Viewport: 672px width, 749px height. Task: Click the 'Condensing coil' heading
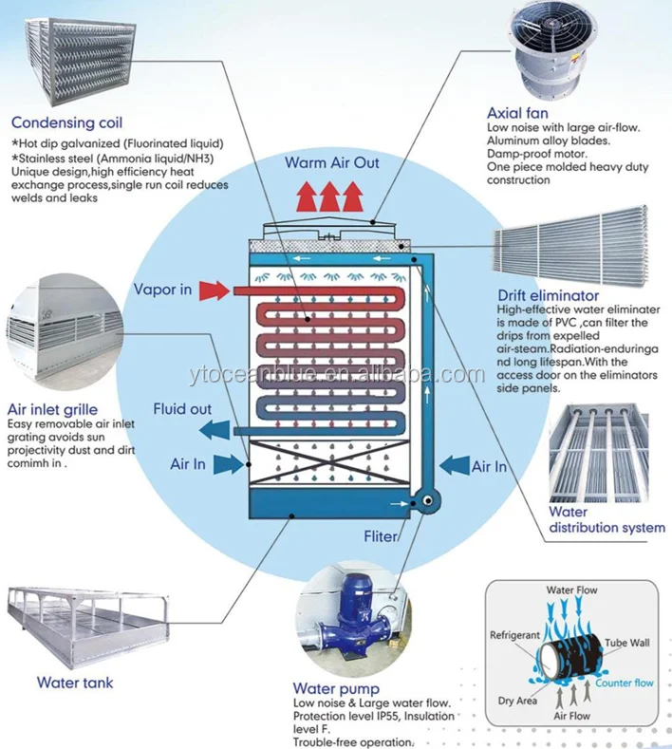coord(66,122)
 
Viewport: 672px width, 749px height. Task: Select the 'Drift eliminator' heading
coord(550,295)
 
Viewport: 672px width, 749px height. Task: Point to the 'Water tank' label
coord(75,682)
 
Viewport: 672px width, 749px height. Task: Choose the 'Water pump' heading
coord(336,688)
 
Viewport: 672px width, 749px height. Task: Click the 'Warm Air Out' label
coord(332,162)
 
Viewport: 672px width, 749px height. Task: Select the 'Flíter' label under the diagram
coord(381,536)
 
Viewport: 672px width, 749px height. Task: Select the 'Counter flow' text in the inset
coord(625,683)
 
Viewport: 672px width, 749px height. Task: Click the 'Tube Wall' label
coord(627,643)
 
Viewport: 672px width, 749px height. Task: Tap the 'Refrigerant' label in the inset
coord(515,633)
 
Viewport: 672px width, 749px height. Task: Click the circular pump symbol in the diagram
coord(424,500)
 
